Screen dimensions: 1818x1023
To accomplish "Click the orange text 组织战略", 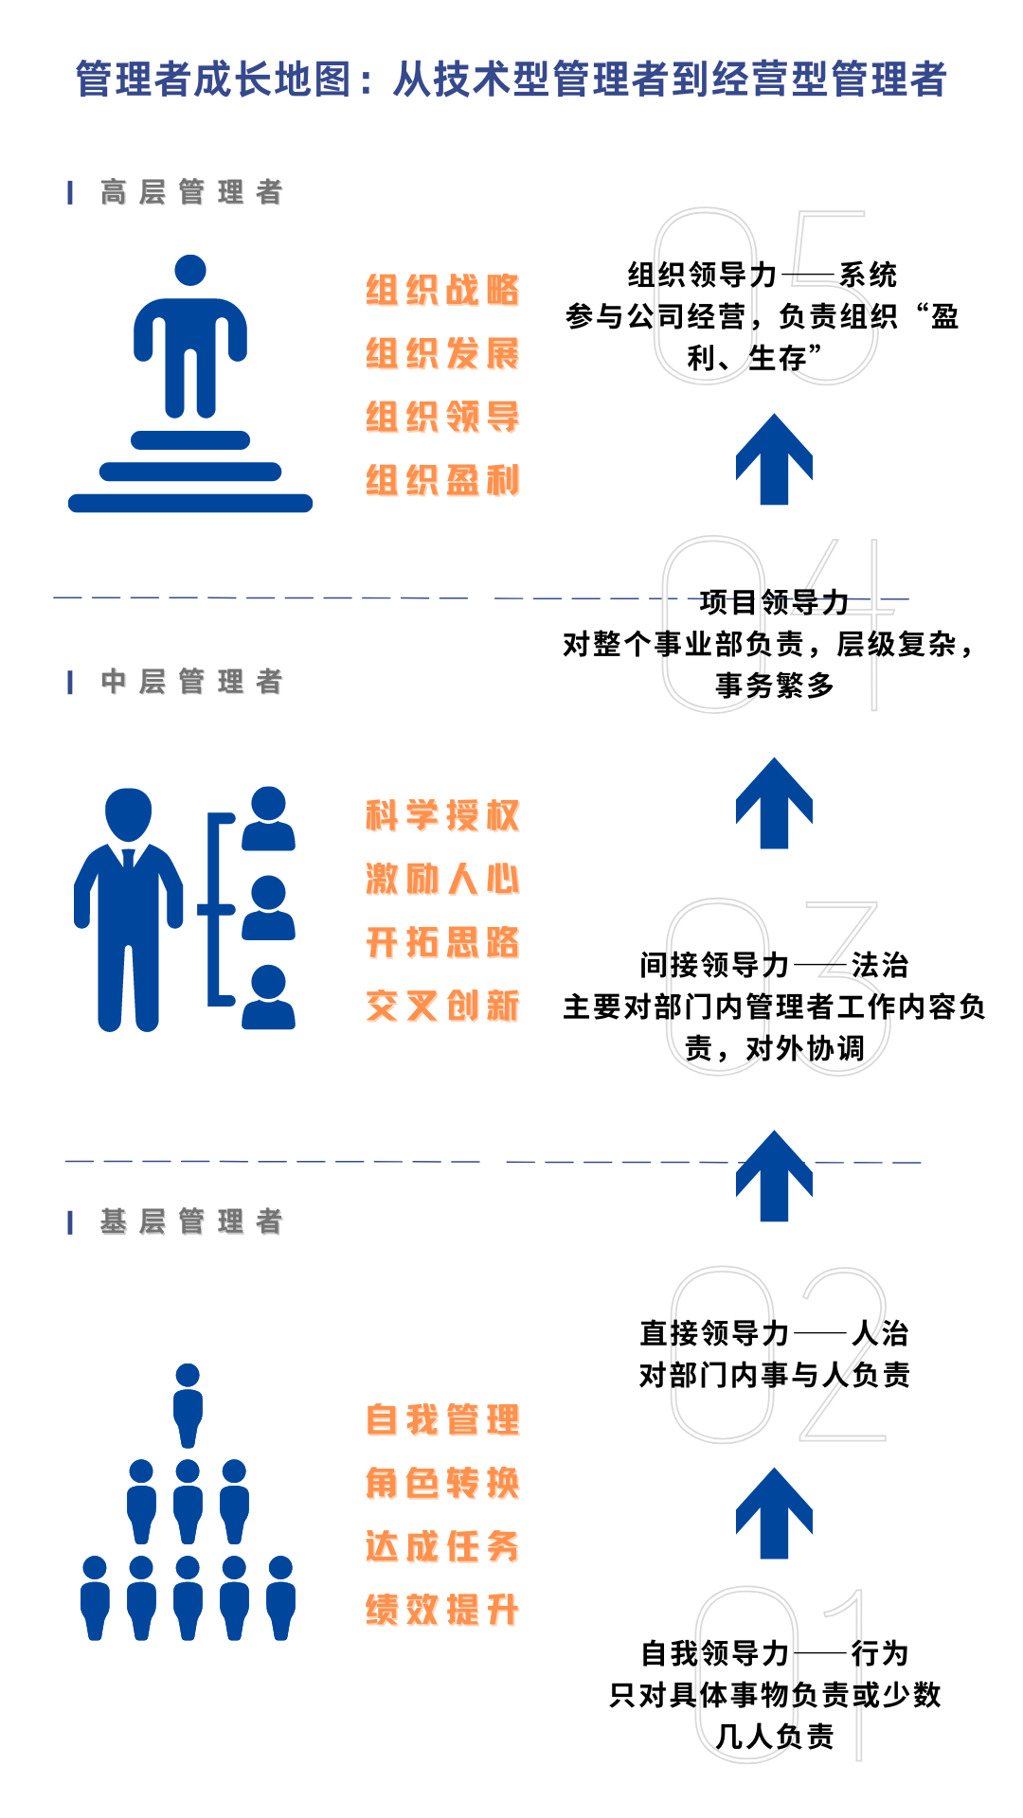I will [x=442, y=291].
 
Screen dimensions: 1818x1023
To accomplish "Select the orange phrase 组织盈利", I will [x=442, y=481].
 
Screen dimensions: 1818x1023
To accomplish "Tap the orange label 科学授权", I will [x=442, y=816].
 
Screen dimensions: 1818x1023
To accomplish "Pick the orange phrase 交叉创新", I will [x=442, y=1006].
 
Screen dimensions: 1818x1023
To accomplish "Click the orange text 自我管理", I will [x=442, y=1420].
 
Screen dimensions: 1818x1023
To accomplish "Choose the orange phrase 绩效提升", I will [x=442, y=1610].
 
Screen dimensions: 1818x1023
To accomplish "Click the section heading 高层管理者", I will [x=191, y=192].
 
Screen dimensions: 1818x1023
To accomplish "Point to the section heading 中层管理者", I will [x=191, y=682].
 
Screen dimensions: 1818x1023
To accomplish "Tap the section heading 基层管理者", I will [x=191, y=1221].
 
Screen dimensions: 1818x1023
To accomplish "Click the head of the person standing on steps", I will [x=190, y=270].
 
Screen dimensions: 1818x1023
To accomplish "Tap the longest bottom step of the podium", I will [x=190, y=503].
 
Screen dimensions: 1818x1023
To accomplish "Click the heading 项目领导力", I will [x=774, y=602].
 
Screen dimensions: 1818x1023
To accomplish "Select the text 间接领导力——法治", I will [x=774, y=965].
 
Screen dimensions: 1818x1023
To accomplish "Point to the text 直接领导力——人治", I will [x=774, y=1333].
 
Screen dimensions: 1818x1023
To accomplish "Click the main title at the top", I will [x=511, y=80].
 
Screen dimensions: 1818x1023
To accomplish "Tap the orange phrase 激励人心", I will [x=442, y=880].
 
